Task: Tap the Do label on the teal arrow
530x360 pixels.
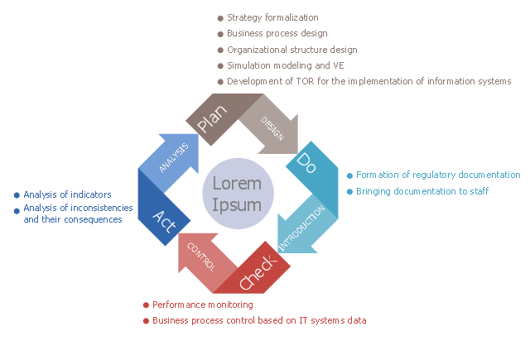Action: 305,160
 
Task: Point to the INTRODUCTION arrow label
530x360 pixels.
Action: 307,225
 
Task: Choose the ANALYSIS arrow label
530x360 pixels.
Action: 174,157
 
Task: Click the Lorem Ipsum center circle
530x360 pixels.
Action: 237,194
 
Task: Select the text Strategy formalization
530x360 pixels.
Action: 272,17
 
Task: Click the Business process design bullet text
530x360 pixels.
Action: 277,34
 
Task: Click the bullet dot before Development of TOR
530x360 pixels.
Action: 220,81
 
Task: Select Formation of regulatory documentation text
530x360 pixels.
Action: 438,175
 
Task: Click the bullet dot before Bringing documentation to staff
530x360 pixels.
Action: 349,191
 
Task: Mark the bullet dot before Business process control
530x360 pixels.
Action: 147,320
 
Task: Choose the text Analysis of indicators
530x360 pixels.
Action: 67,194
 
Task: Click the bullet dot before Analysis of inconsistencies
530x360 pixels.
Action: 17,210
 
